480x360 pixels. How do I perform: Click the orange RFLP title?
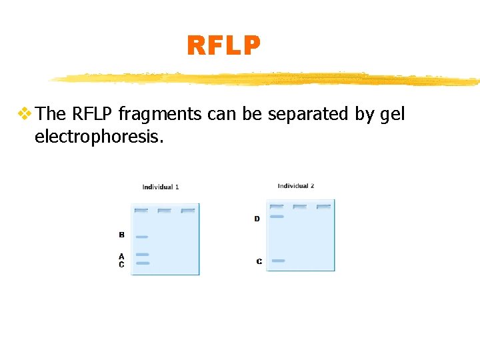click(x=223, y=46)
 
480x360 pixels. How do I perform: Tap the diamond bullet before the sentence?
click(x=25, y=114)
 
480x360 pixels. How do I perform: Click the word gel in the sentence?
click(x=392, y=115)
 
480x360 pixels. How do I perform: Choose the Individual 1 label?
click(x=161, y=187)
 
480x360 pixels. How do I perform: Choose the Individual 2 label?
click(x=296, y=186)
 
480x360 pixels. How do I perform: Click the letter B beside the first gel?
click(x=121, y=235)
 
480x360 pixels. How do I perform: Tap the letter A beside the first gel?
click(x=121, y=256)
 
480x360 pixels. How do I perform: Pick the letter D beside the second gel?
click(x=257, y=219)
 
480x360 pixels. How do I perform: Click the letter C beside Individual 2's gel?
click(x=259, y=261)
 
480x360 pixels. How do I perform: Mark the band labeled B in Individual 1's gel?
click(x=142, y=237)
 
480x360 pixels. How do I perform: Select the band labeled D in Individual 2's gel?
click(x=277, y=217)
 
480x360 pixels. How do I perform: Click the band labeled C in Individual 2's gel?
click(x=279, y=261)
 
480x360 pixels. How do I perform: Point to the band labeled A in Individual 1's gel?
click(x=142, y=255)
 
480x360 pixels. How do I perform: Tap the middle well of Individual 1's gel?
click(x=165, y=211)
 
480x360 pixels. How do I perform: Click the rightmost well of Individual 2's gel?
click(x=323, y=207)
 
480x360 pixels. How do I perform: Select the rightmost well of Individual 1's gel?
click(x=188, y=211)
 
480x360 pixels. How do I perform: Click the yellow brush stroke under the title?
click(x=267, y=79)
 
